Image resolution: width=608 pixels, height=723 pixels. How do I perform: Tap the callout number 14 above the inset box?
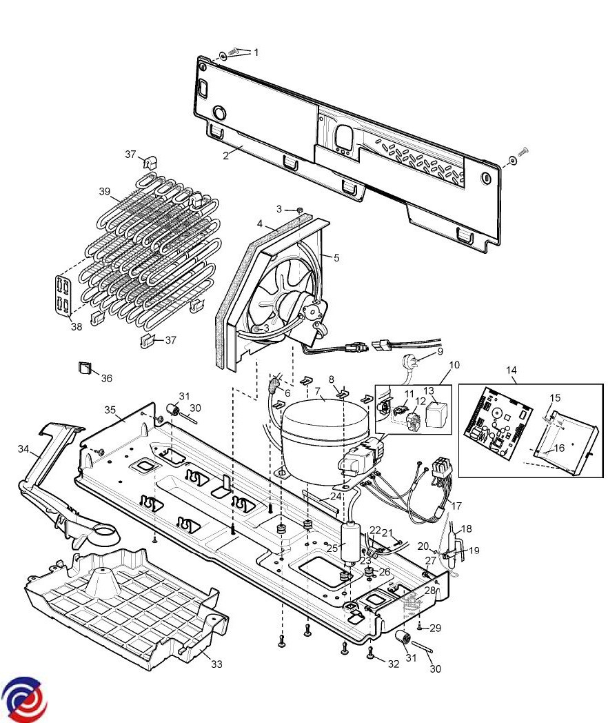click(x=511, y=370)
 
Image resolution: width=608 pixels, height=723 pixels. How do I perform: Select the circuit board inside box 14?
click(x=498, y=423)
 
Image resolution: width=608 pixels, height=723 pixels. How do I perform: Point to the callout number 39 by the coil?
click(x=105, y=191)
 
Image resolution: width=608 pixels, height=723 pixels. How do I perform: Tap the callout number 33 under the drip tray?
click(x=216, y=664)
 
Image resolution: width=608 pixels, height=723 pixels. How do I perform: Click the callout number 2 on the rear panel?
click(x=225, y=156)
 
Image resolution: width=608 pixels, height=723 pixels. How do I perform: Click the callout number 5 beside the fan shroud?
click(x=336, y=258)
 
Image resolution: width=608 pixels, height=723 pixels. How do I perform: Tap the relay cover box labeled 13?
click(x=436, y=414)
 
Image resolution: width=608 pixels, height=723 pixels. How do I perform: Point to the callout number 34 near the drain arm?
click(x=23, y=448)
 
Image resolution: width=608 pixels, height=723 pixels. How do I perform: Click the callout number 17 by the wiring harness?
click(x=456, y=506)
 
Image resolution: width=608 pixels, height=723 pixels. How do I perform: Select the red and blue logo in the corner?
click(x=24, y=699)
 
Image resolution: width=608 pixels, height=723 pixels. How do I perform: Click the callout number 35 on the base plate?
click(x=110, y=410)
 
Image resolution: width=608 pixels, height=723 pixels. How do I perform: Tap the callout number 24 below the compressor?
click(x=336, y=497)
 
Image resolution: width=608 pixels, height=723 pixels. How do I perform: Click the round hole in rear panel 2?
click(x=220, y=112)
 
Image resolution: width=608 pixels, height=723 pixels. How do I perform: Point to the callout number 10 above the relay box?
click(x=454, y=365)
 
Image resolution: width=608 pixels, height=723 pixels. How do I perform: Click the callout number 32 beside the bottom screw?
click(x=394, y=664)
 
